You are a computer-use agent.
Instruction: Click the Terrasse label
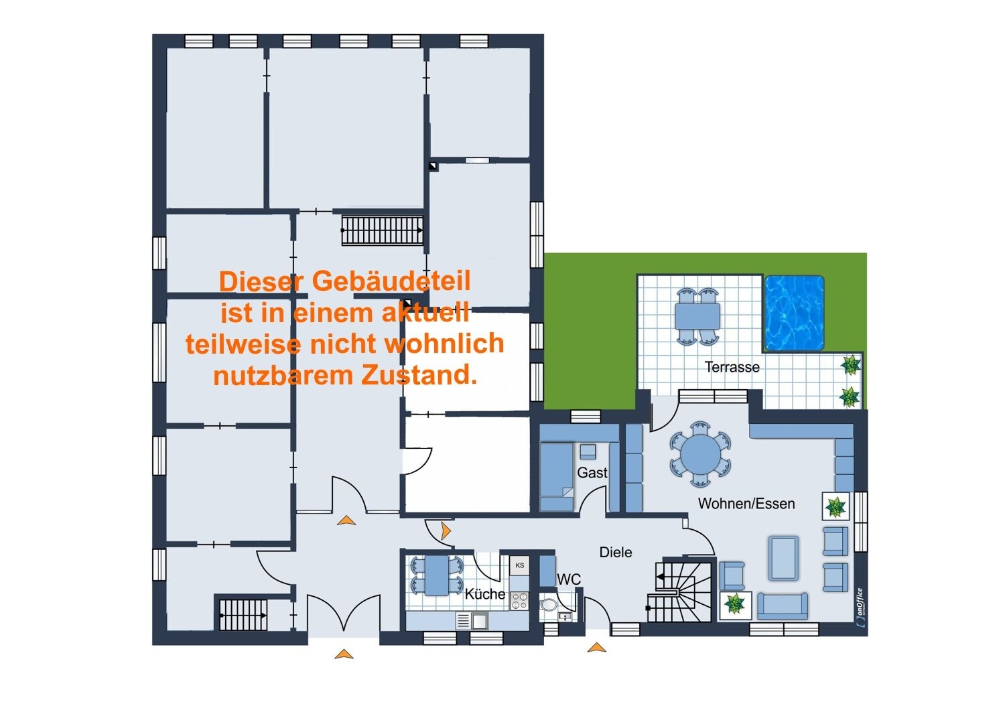(x=732, y=367)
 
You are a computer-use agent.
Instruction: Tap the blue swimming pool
(x=794, y=313)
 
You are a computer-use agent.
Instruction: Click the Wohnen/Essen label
(x=746, y=504)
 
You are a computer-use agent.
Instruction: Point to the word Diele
(x=616, y=552)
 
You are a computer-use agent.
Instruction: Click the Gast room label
(x=592, y=472)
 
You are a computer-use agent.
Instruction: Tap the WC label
(x=568, y=579)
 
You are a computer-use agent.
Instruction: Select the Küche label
(x=484, y=594)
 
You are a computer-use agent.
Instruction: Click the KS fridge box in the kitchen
(x=519, y=565)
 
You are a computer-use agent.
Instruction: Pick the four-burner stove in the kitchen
(x=519, y=601)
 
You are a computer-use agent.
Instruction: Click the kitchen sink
(x=472, y=621)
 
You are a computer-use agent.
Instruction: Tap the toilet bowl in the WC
(x=548, y=605)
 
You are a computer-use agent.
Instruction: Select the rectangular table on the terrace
(x=697, y=316)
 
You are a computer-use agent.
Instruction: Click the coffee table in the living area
(x=783, y=559)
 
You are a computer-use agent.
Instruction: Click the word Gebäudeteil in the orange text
(x=391, y=282)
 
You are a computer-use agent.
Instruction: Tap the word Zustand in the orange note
(x=418, y=375)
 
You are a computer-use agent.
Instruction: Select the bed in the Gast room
(x=556, y=477)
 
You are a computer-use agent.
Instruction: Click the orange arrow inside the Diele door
(x=446, y=530)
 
